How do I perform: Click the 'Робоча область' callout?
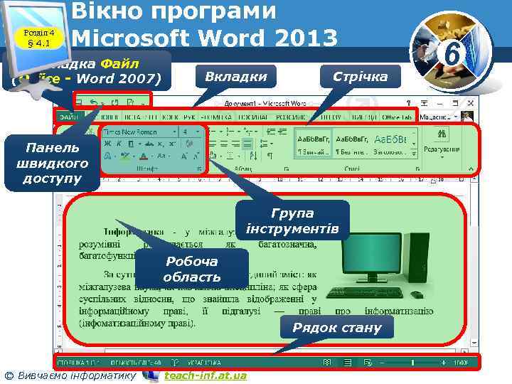(192, 269)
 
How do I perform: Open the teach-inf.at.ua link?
(205, 375)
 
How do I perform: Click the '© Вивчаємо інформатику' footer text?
(70, 375)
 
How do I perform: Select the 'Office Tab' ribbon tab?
(397, 116)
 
